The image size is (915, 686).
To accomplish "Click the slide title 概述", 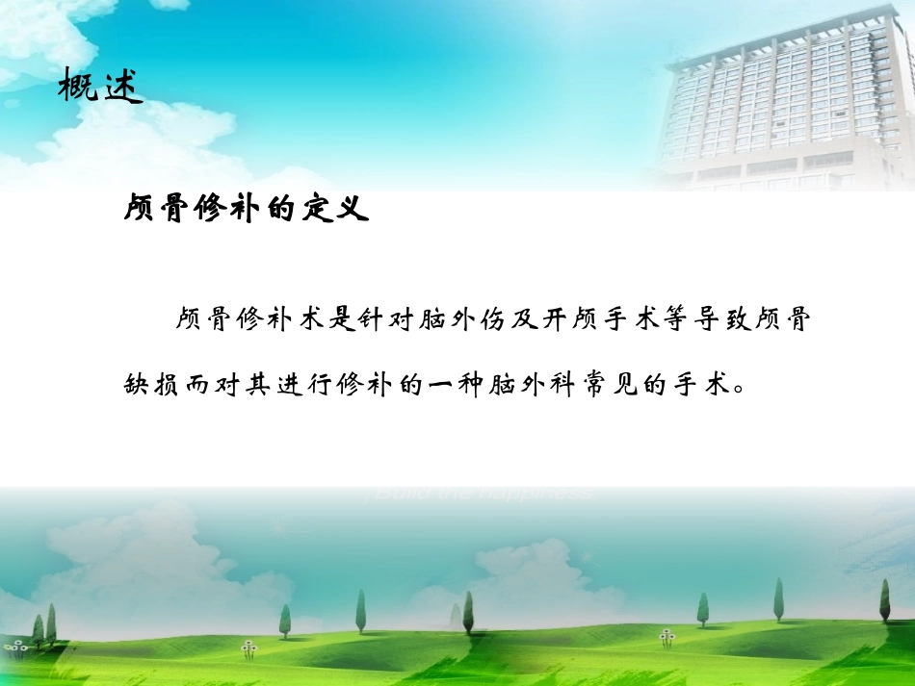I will tap(100, 87).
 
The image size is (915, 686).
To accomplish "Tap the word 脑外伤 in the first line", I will tap(463, 320).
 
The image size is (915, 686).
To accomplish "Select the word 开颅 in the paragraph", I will tap(588, 320).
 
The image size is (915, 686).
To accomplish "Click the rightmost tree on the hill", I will tap(884, 601).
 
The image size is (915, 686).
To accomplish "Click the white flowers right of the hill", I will tap(667, 637).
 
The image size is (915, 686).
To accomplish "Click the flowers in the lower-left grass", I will tap(250, 649).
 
